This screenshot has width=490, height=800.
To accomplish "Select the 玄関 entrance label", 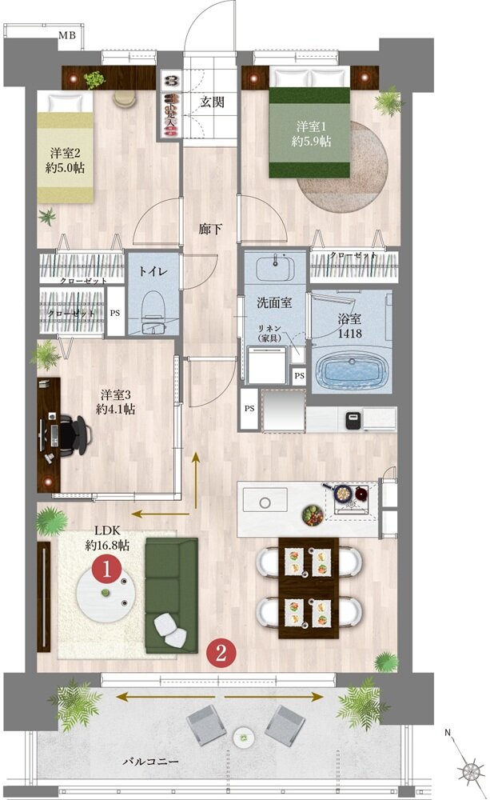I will click(x=213, y=102).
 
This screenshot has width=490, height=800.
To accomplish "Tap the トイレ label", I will click(x=153, y=271).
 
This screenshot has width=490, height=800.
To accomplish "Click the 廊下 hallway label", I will click(x=210, y=230).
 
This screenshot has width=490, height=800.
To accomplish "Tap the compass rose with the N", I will click(x=468, y=770).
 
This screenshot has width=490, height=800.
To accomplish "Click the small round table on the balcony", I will click(x=242, y=736).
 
